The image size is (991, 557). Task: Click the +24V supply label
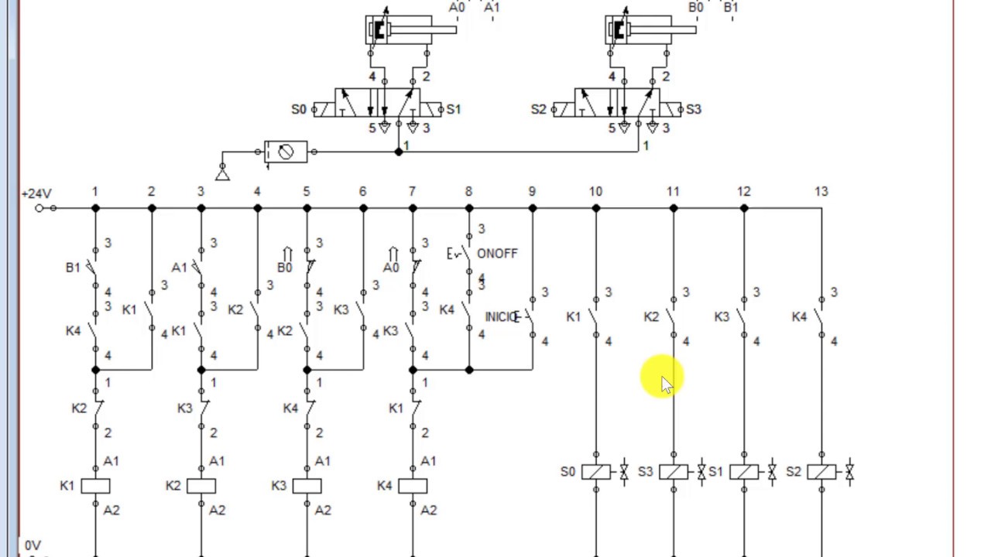click(x=36, y=193)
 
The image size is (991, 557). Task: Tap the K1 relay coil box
click(x=95, y=486)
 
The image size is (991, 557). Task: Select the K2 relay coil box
click(x=201, y=486)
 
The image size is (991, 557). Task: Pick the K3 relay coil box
click(x=307, y=486)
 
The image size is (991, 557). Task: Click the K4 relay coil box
click(x=413, y=486)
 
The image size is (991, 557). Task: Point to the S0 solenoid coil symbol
click(x=595, y=471)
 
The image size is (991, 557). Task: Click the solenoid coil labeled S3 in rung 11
click(x=673, y=471)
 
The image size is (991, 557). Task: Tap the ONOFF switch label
click(x=497, y=254)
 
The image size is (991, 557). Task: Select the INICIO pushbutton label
click(x=501, y=317)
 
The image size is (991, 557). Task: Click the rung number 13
click(x=821, y=191)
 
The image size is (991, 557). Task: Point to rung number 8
click(x=468, y=191)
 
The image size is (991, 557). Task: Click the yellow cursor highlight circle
click(x=662, y=377)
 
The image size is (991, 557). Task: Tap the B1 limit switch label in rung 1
click(x=73, y=268)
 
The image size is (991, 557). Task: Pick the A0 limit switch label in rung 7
click(x=390, y=268)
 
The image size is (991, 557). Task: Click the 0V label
click(x=33, y=545)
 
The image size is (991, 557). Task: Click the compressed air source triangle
click(x=222, y=175)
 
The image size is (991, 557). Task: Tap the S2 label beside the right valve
click(x=539, y=110)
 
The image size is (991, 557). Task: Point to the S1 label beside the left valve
click(x=454, y=110)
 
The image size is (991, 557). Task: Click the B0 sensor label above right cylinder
click(x=696, y=8)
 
